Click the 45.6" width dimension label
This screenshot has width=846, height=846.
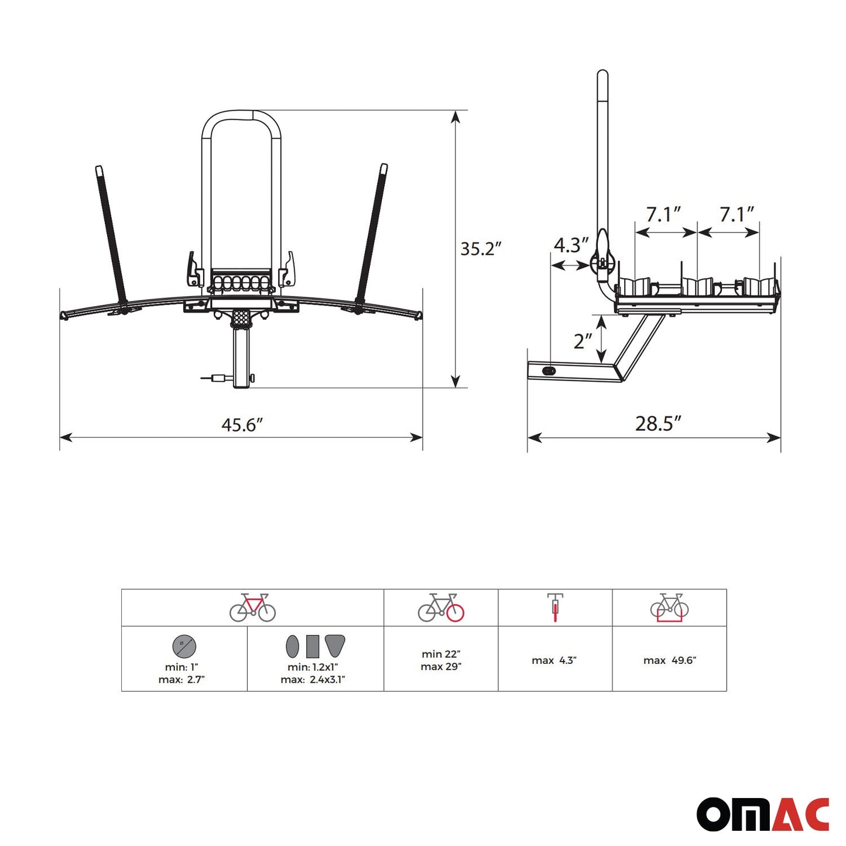[x=242, y=424]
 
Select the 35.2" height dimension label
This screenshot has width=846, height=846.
[x=480, y=249]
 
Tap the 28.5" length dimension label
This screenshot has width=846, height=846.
[x=658, y=423]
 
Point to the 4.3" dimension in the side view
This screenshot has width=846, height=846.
[x=570, y=245]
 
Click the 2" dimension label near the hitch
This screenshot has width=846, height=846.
[x=583, y=341]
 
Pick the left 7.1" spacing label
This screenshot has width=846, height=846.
[x=663, y=214]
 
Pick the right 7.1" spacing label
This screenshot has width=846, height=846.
[x=736, y=214]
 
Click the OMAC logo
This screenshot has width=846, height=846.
[x=762, y=814]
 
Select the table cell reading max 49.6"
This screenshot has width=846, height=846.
[x=669, y=660]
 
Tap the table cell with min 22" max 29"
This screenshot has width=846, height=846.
[x=441, y=660]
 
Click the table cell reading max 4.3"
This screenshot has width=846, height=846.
[x=554, y=660]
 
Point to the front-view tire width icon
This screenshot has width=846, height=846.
[x=555, y=607]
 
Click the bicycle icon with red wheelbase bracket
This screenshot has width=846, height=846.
[x=669, y=607]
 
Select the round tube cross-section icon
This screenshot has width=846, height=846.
[x=184, y=647]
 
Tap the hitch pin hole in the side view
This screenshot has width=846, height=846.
[x=549, y=371]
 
